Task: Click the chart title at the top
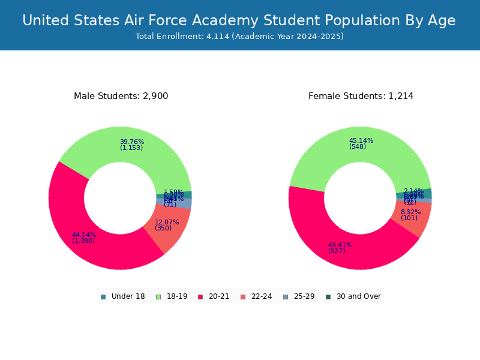click(x=239, y=21)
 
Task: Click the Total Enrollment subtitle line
click(x=239, y=37)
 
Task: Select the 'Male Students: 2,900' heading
click(x=121, y=96)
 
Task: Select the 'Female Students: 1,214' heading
click(x=361, y=96)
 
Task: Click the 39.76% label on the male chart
click(x=131, y=142)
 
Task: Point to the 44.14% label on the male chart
click(x=83, y=235)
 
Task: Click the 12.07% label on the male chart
click(x=167, y=223)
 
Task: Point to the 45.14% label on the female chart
click(x=361, y=141)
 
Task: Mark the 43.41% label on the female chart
click(x=340, y=245)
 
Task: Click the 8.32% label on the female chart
click(x=410, y=212)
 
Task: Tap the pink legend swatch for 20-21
click(x=200, y=296)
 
